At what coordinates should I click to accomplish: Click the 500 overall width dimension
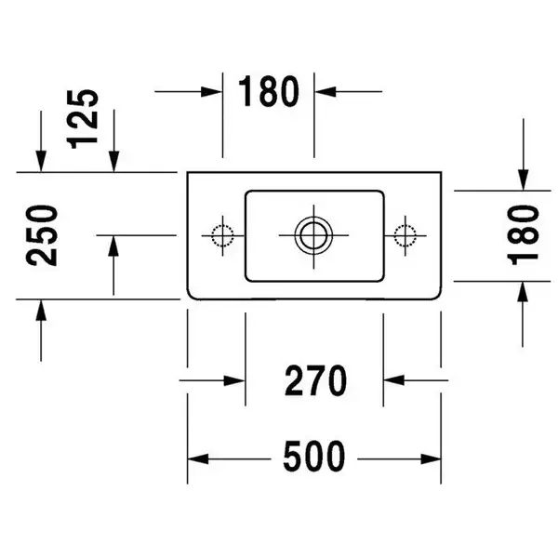(314, 457)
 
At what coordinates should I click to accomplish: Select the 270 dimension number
(315, 380)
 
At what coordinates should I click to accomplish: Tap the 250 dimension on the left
(42, 235)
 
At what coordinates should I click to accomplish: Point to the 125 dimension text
(82, 119)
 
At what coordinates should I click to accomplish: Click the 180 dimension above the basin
(269, 91)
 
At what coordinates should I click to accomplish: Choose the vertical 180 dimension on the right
(523, 235)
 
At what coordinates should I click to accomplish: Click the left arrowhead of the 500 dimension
(198, 459)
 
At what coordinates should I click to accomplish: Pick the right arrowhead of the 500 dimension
(431, 459)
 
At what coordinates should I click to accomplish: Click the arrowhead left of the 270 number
(234, 380)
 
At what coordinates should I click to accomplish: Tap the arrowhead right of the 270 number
(394, 380)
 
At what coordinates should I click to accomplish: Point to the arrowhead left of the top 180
(212, 91)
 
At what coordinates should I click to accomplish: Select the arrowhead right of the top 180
(325, 91)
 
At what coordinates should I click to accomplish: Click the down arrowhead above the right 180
(523, 180)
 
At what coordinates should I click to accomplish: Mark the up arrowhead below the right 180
(523, 292)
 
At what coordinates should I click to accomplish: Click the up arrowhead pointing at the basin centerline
(113, 246)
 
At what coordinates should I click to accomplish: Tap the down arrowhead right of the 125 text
(113, 162)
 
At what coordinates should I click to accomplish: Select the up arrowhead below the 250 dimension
(41, 311)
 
